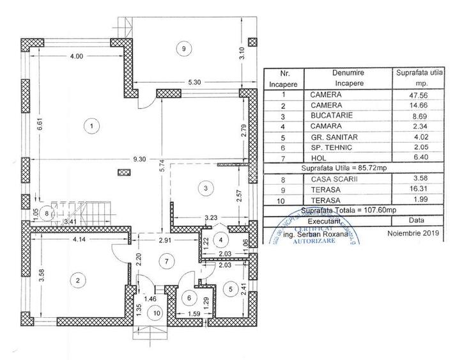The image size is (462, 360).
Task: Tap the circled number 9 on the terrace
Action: pyautogui.click(x=184, y=49)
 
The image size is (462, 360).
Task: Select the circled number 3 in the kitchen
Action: pyautogui.click(x=204, y=188)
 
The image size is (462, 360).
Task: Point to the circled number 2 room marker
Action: pyautogui.click(x=78, y=279)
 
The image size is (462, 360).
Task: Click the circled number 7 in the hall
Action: pyautogui.click(x=165, y=261)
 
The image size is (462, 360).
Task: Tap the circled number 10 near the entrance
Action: pyautogui.click(x=155, y=313)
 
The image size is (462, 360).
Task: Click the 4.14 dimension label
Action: pyautogui.click(x=79, y=239)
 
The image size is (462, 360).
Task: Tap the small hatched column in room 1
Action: pyautogui.click(x=124, y=171)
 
